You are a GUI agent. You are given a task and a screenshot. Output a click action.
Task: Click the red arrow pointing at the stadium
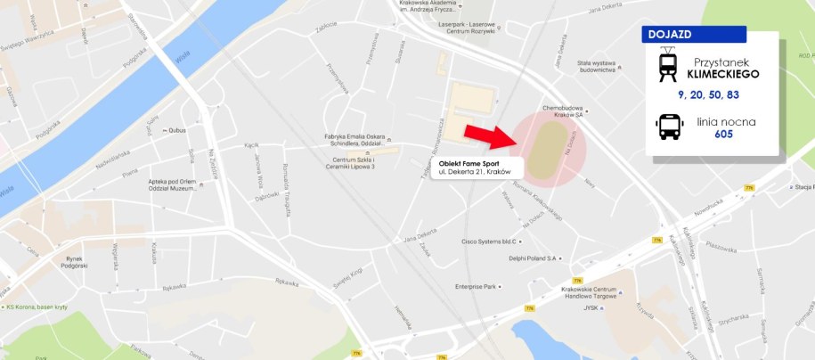(x=490, y=136)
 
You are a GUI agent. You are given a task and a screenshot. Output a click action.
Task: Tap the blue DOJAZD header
(x=694, y=35)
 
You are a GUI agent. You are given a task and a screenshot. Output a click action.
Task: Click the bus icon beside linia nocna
(x=669, y=127)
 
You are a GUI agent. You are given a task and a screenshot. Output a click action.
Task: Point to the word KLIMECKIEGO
(x=722, y=74)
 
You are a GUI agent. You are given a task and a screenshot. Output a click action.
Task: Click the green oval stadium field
(x=546, y=148)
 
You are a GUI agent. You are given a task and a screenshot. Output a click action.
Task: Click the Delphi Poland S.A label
(x=532, y=258)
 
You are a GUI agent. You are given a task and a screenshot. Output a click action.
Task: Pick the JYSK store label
(x=589, y=308)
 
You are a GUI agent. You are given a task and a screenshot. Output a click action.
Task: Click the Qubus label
(x=175, y=130)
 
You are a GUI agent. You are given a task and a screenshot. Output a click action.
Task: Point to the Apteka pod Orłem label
(x=173, y=184)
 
